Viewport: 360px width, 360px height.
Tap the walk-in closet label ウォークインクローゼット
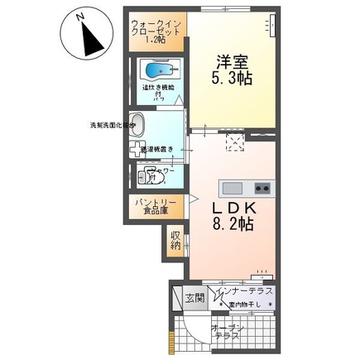coord(157,30)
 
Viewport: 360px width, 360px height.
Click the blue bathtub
coord(158,70)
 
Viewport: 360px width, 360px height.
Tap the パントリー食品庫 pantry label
coord(152,206)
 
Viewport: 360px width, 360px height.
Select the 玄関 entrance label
coord(192,299)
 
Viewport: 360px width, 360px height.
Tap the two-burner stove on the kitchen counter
coord(262,185)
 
